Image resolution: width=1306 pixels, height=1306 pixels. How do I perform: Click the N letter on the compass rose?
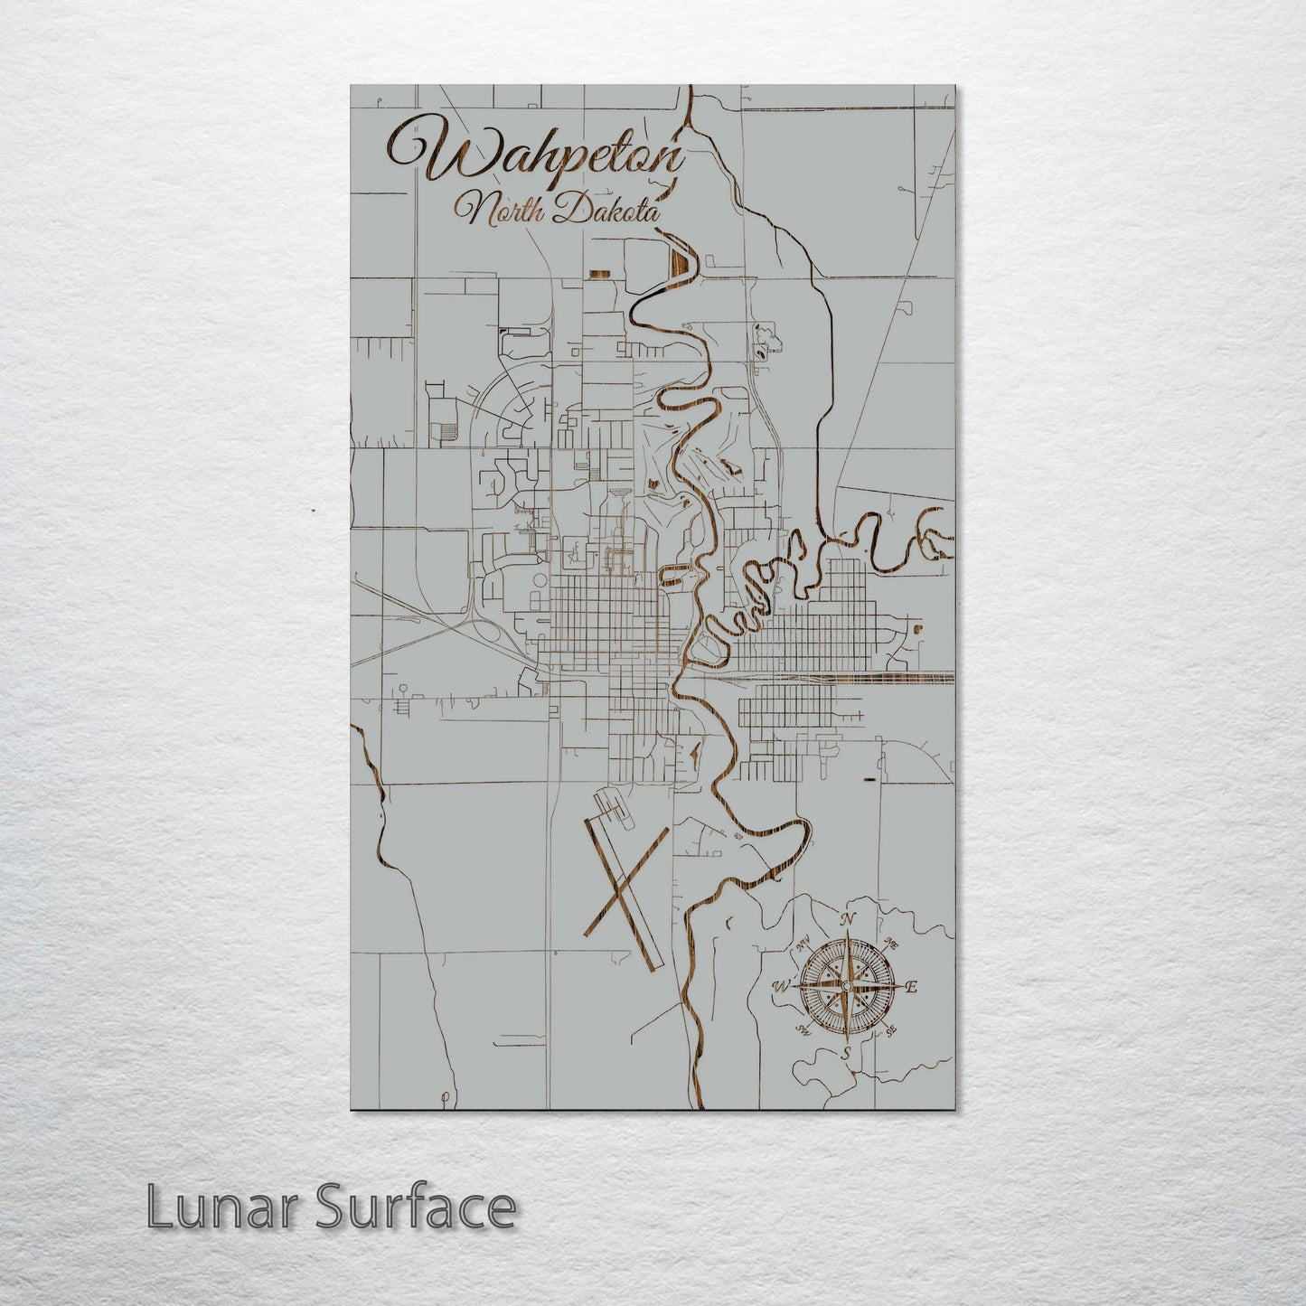tap(848, 920)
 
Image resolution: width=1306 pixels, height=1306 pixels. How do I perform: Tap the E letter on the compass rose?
tap(911, 987)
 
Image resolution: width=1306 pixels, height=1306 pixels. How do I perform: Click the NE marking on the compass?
tap(891, 944)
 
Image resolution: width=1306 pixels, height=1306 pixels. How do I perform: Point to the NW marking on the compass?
tap(803, 945)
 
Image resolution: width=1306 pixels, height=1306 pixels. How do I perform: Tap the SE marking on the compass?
tap(891, 1030)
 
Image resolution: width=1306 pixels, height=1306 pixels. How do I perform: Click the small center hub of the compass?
tap(846, 986)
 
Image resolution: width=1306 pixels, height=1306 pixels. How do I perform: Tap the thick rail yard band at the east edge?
tap(904, 676)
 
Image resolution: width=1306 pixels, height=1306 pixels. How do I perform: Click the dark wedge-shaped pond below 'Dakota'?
tap(680, 262)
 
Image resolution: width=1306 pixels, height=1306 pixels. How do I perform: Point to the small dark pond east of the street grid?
tap(918, 627)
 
